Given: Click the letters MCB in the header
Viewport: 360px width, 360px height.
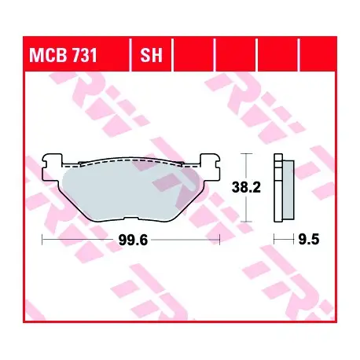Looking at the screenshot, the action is [48, 55].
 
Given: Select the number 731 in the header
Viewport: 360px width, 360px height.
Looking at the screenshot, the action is [84, 55].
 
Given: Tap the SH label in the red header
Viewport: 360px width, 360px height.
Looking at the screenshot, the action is [151, 55].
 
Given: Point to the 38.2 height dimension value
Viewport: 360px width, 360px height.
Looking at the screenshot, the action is [246, 188].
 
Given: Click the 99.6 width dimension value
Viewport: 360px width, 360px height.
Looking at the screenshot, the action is [133, 240].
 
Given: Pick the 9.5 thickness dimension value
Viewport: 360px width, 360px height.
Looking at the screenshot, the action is [309, 239].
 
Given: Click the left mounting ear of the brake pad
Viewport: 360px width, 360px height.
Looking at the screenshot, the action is [53, 167].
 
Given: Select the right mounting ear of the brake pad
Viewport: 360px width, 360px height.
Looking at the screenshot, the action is [210, 167].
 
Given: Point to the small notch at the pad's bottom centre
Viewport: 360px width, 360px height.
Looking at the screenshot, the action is [131, 219].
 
